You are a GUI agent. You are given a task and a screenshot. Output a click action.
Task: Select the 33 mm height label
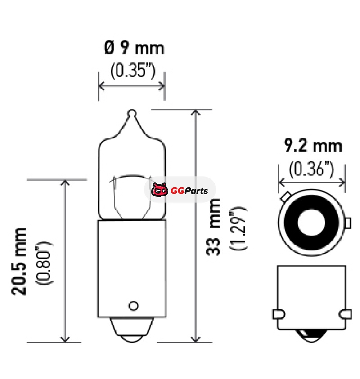click(x=213, y=227)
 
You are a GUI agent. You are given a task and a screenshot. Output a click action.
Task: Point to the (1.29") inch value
click(x=238, y=228)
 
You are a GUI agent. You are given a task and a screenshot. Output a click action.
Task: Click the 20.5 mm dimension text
click(x=19, y=261)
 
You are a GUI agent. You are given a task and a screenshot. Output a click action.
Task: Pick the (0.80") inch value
click(x=44, y=263)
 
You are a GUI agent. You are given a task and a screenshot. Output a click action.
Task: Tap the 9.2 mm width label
click(x=313, y=146)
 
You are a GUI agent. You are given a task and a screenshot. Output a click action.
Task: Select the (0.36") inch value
click(x=311, y=169)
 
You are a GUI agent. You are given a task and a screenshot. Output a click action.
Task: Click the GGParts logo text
click(x=189, y=191)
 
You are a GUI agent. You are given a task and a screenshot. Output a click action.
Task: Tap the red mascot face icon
click(x=160, y=190)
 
